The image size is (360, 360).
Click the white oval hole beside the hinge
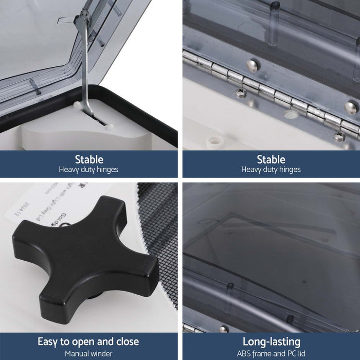point(291,115)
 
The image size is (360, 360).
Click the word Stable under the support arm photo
point(89,159)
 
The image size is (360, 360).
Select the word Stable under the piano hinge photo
point(271,159)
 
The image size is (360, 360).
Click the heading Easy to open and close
point(88,341)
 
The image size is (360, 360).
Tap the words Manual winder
point(88,354)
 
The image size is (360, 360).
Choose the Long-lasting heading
point(271,341)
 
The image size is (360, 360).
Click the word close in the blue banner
point(127,341)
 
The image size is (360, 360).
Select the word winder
point(101,354)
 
